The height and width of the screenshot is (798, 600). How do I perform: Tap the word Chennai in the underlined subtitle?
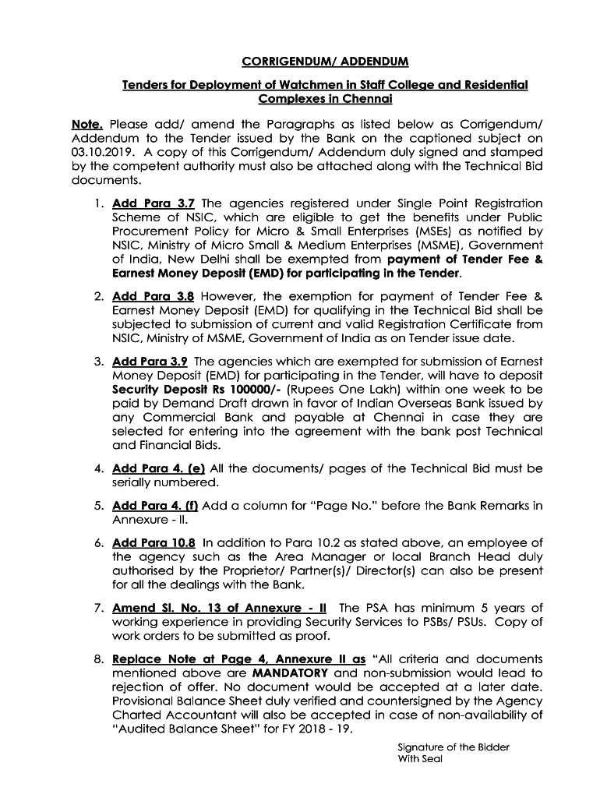364,99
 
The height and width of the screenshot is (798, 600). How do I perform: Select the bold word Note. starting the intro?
86,124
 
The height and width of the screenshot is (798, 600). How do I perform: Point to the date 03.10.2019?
99,152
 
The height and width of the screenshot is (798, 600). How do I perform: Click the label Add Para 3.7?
154,203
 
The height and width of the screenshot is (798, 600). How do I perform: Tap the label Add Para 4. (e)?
159,468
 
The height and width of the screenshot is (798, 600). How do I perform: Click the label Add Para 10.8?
154,542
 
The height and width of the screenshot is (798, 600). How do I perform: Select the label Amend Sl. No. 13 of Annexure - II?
220,607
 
